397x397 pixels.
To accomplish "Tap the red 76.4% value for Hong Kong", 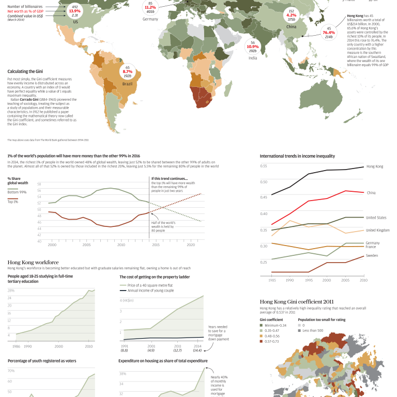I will pos(329,33).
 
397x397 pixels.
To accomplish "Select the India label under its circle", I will pos(252,58).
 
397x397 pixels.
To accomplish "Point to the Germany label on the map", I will pos(150,19).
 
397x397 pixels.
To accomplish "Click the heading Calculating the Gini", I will pos(28,71).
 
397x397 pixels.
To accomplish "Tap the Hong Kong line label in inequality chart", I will pos(374,166).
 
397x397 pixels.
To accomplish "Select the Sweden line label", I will pos(372,255).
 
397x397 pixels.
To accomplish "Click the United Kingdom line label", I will pos(377,230).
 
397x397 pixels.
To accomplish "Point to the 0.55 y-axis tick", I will pos(264,166).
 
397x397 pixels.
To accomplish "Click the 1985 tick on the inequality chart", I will pos(271,280).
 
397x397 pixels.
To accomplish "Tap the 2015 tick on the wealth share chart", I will pos(156,245).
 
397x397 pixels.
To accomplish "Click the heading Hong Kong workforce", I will pos(33,262).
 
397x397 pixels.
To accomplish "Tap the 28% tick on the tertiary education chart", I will pos(10,291).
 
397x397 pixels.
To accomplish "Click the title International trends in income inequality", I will pos(297,156).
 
